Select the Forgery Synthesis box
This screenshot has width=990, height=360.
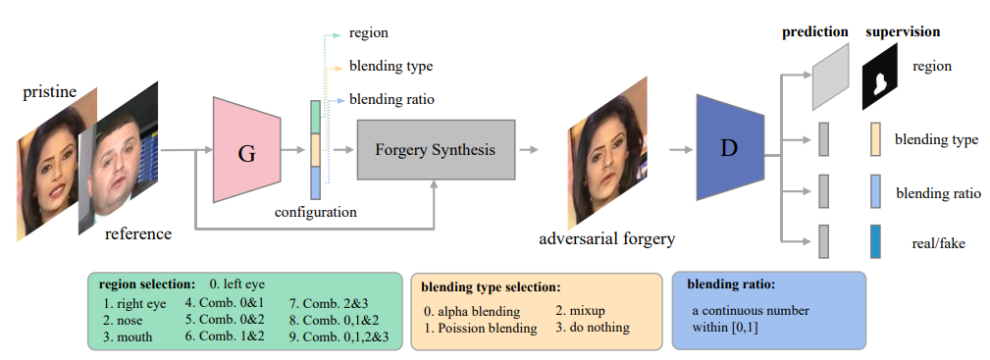(x=435, y=150)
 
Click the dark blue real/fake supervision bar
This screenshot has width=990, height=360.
(x=875, y=240)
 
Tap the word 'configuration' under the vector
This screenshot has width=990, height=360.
(x=315, y=211)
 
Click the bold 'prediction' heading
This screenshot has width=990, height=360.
(x=814, y=31)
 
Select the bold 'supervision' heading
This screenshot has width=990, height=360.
(x=902, y=31)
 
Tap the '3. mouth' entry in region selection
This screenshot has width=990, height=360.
(x=131, y=336)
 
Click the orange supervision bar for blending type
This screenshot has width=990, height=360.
(x=875, y=139)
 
